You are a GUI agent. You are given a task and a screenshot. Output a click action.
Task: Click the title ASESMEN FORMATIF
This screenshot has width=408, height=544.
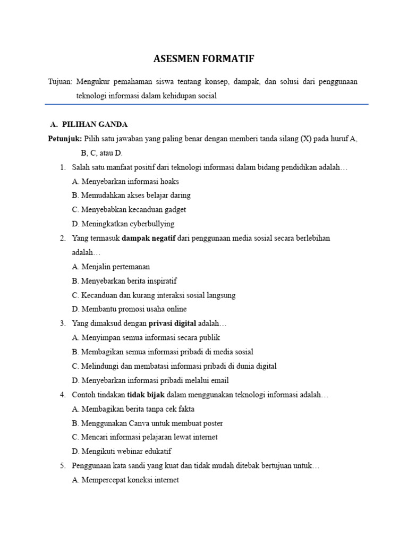coord(204,59)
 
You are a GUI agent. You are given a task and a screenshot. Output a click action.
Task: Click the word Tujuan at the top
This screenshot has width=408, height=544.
coord(59,82)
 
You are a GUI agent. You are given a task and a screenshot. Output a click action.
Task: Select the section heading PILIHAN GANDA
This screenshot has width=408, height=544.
coord(95,124)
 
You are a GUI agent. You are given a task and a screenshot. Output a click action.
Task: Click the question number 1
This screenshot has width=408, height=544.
coord(63,167)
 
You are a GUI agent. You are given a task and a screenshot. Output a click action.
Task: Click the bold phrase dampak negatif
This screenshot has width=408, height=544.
coord(149,238)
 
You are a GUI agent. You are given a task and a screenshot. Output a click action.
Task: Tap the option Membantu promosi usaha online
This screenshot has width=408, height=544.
coord(129,309)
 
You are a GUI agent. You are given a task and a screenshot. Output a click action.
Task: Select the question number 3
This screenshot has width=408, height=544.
coord(63,323)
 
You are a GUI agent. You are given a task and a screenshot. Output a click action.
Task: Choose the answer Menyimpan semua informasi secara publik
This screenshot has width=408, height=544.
coord(146,337)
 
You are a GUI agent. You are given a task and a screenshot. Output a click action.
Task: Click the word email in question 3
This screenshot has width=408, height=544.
coord(219,380)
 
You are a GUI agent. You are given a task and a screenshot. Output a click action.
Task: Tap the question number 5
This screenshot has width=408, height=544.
coord(63,466)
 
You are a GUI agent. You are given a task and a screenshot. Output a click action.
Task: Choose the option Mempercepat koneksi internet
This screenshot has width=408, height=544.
coord(125,480)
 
